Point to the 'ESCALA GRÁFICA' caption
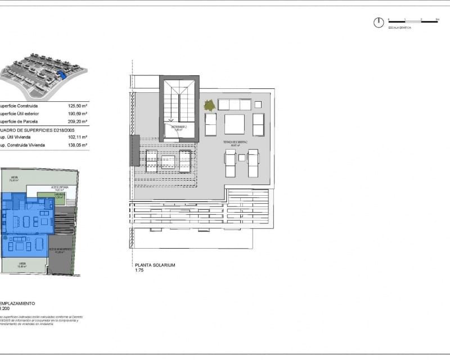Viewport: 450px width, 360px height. [400, 27]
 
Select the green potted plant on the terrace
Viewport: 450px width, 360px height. [210, 105]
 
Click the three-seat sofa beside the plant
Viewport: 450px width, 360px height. [234, 105]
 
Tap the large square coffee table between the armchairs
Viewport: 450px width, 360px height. [235, 124]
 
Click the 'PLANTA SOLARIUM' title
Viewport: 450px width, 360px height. [155, 265]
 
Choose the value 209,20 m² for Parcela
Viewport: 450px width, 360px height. [79, 121]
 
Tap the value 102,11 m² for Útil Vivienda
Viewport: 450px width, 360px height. [79, 137]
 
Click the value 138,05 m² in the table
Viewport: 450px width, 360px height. [79, 145]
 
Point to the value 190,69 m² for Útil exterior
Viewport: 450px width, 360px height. [79, 113]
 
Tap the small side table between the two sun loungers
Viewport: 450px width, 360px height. [241, 158]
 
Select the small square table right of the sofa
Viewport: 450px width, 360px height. [258, 105]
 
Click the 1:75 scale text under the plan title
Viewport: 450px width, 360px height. [139, 271]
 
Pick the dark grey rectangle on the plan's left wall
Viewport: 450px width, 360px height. [135, 150]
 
